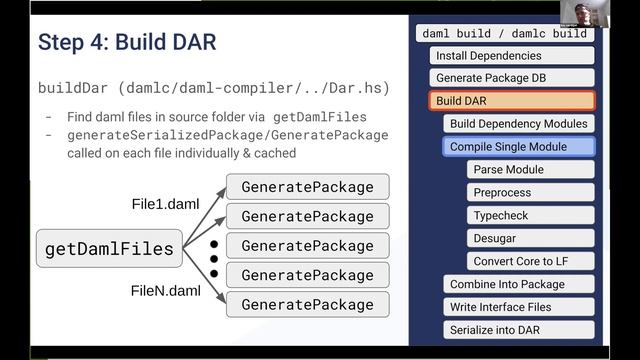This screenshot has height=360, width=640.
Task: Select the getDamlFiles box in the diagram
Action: (x=109, y=248)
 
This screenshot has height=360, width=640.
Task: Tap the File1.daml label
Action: (x=166, y=205)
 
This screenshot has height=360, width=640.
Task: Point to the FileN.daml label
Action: (x=166, y=291)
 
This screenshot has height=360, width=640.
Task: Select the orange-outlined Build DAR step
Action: (x=512, y=101)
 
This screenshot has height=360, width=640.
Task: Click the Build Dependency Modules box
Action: (x=519, y=124)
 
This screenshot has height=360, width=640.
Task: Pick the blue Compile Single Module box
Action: (x=519, y=147)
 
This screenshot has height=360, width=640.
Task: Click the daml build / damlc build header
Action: (x=505, y=33)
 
